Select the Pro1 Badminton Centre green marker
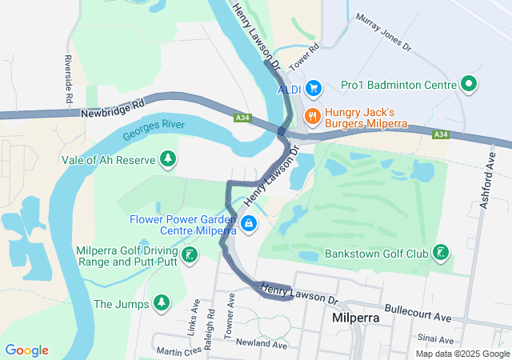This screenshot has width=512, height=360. tap(470, 84)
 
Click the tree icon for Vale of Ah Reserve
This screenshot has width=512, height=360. tap(167, 159)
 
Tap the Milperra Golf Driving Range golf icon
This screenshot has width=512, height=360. tap(189, 255)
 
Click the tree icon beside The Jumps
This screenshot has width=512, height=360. tap(162, 303)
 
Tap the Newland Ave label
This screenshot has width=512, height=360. tap(261, 344)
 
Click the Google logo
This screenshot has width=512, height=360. tap(26, 350)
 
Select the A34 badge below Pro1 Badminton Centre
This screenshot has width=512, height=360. tap(438, 134)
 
